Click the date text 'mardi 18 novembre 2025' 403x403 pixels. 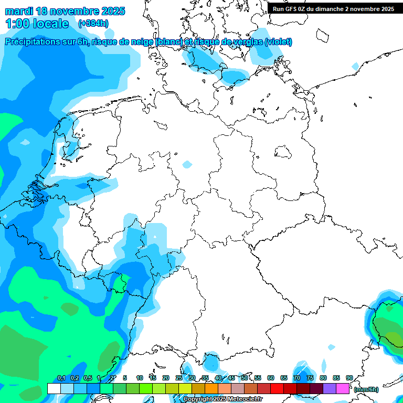(x=65, y=11)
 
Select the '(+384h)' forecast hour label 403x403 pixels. (x=93, y=24)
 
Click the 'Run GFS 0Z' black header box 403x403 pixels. (x=334, y=8)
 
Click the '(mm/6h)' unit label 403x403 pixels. (x=366, y=389)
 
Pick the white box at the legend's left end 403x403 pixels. (x=54, y=388)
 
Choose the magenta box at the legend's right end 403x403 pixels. (x=343, y=388)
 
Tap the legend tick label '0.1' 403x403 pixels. (x=61, y=378)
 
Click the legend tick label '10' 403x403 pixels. (x=140, y=378)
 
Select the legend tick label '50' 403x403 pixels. (x=245, y=378)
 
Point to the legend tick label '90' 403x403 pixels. (x=349, y=378)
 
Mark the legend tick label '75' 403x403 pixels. (x=310, y=378)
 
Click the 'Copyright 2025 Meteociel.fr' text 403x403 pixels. (x=222, y=399)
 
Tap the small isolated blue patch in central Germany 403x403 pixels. (x=187, y=165)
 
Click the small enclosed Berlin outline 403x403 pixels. (x=283, y=153)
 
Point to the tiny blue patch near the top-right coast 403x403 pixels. (x=355, y=66)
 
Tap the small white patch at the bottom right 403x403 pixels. (x=331, y=347)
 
